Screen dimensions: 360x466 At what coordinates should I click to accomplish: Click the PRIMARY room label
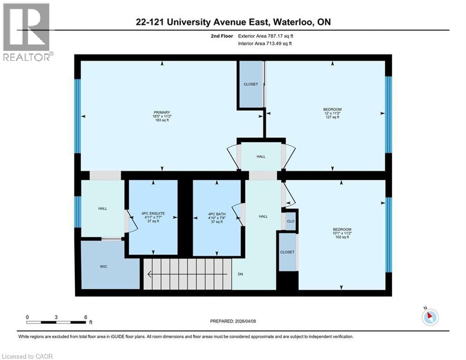[162, 112]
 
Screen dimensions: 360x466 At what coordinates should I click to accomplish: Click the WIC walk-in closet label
[104, 266]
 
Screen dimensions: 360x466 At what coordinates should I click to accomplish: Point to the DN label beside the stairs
[240, 274]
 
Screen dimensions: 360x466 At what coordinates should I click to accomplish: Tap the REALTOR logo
[27, 32]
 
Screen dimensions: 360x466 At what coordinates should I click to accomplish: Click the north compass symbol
[429, 317]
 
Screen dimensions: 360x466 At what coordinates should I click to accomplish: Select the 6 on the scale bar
[85, 317]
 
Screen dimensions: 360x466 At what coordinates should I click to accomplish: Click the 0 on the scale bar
[28, 317]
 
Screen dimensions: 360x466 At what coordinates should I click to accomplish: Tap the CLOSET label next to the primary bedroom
[251, 84]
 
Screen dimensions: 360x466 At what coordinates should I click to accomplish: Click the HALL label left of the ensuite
[103, 208]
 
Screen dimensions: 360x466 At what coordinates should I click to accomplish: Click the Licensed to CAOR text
[28, 356]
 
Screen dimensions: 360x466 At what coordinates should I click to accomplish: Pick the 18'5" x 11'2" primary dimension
[162, 116]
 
